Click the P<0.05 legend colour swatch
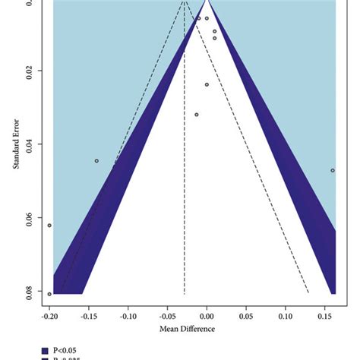[44, 350]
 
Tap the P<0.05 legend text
[64, 350]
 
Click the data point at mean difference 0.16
[333, 170]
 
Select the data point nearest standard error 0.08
[49, 294]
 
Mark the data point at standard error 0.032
[197, 115]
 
